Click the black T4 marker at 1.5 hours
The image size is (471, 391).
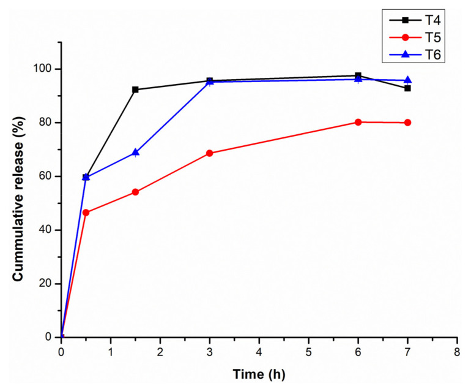(135, 89)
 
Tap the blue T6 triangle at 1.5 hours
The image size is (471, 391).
(135, 152)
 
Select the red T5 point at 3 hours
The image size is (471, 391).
(210, 153)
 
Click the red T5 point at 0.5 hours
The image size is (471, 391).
(86, 213)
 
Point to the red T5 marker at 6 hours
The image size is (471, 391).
(358, 122)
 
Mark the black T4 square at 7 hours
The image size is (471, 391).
(407, 88)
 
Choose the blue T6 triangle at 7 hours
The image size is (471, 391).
(407, 80)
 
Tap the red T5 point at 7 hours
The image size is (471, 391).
(407, 123)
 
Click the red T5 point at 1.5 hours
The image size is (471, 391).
(135, 192)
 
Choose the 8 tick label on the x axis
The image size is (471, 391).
(457, 352)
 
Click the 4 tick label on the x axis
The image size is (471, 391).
(259, 352)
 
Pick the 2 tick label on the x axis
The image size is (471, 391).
(160, 352)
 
